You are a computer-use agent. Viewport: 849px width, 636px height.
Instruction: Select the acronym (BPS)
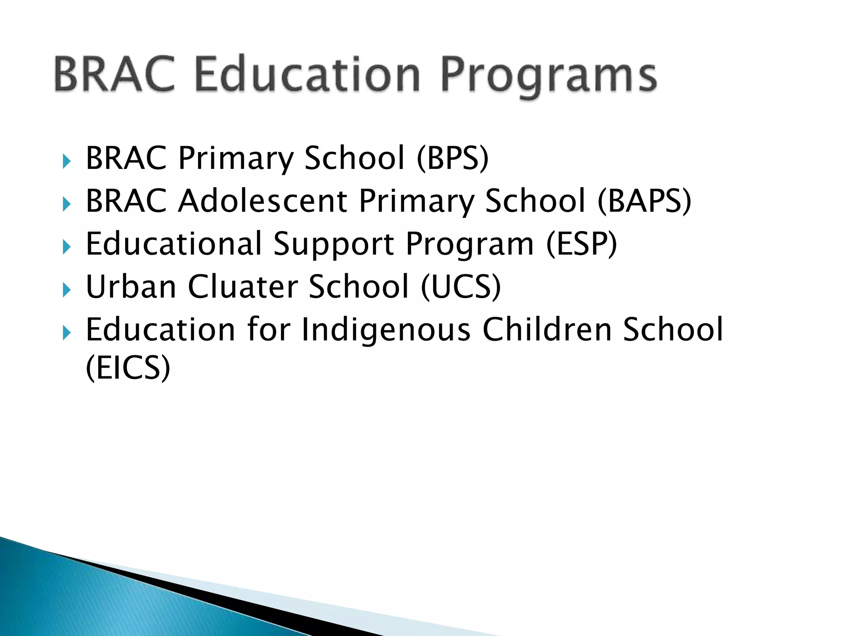coord(453,158)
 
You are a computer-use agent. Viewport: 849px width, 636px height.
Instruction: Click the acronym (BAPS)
coord(644,201)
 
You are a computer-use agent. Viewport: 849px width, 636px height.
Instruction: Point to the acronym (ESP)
coord(582,244)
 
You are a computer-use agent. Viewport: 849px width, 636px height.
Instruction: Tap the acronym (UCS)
coord(461,287)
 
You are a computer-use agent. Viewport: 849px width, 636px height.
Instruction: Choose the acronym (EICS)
coord(128,368)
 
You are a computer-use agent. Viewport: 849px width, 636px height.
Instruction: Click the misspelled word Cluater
coord(243,287)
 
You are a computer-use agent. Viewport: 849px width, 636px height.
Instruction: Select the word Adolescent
coord(263,201)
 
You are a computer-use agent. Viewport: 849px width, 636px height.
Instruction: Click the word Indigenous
coord(386,330)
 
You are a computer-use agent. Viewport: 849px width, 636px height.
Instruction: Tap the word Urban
coord(131,287)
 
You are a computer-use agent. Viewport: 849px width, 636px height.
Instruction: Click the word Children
coord(547,330)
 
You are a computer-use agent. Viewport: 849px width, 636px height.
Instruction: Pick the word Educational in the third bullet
coord(174,244)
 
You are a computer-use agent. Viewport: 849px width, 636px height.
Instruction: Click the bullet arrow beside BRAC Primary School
coord(66,161)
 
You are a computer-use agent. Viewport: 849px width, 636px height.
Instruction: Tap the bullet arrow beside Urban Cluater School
coord(66,290)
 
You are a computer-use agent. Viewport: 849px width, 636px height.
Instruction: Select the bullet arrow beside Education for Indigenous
coord(66,332)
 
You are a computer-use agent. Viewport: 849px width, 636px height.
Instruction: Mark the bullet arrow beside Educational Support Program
coord(66,247)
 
